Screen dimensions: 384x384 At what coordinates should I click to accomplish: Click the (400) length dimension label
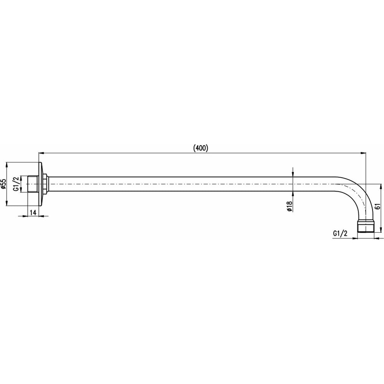[x=200, y=148]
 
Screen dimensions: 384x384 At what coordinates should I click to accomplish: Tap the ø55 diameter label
[x=3, y=184]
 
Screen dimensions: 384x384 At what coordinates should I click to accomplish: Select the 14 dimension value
[x=33, y=212]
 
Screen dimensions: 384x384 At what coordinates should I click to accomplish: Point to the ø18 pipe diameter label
[x=289, y=206]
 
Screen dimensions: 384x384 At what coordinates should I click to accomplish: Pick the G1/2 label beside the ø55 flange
[x=16, y=184]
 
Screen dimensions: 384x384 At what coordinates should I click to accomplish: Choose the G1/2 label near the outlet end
[x=340, y=233]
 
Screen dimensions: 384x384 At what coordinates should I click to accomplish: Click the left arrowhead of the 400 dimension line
[x=41, y=153]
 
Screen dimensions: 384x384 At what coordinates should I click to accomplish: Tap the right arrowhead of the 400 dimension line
[x=363, y=153]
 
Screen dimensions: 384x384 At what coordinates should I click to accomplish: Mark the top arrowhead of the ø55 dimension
[x=7, y=165]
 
